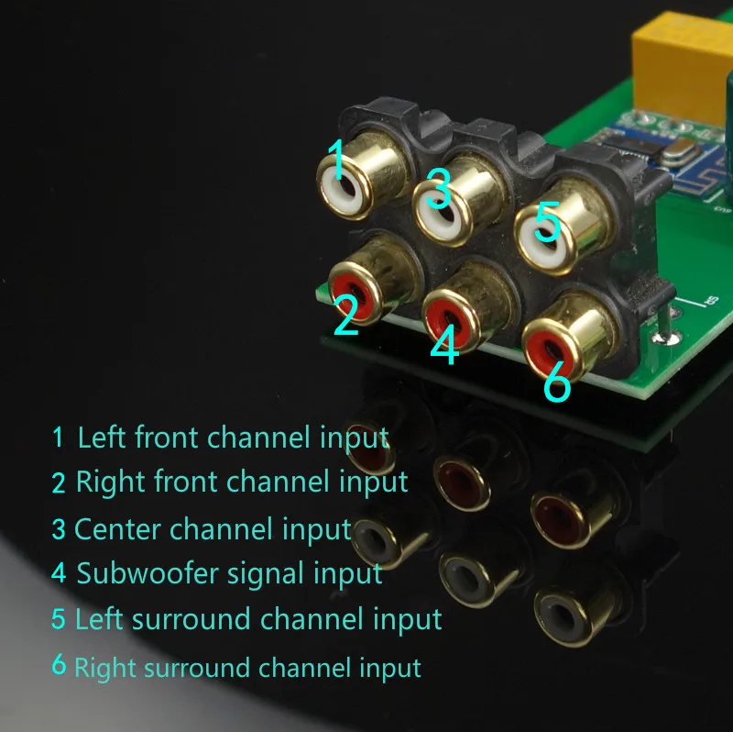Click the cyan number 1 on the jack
coord(336,159)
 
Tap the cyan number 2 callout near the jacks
coord(346,315)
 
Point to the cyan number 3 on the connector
coord(439,188)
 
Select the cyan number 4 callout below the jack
coord(444,345)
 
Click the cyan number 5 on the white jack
coord(547,221)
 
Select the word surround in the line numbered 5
coord(191,618)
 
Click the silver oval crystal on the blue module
coord(679,150)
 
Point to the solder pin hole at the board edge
coord(664,338)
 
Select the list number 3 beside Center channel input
coord(59,529)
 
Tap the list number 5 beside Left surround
coord(59,618)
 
